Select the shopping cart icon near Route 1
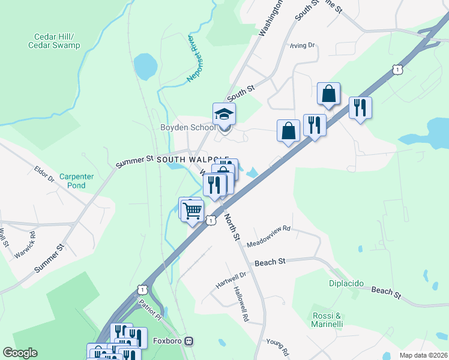tap(192, 211)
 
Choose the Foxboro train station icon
tap(190, 341)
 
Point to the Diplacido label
tap(347, 283)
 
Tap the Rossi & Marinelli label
tap(327, 320)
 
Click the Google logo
tap(20, 353)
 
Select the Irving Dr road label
tap(301, 44)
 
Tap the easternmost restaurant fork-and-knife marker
tap(360, 108)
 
